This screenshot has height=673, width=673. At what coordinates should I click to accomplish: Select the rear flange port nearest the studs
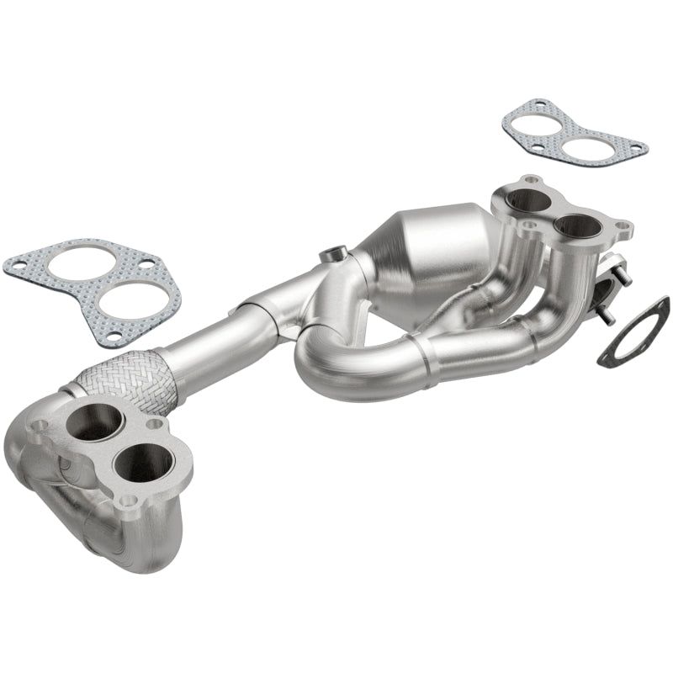point(578,225)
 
